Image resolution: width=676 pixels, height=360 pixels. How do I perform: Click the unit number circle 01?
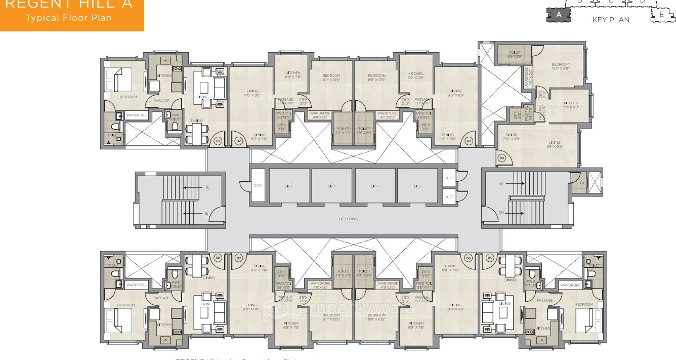(218, 141)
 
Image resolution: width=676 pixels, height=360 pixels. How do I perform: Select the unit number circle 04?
(502, 158)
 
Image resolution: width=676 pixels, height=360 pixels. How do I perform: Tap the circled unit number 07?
(238, 258)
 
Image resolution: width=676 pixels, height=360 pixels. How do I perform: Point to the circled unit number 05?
(490, 258)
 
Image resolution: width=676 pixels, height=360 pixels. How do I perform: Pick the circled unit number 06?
(469, 258)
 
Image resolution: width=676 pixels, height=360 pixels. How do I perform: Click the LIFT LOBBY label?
(349, 219)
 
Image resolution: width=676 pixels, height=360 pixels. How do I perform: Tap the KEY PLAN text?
(611, 20)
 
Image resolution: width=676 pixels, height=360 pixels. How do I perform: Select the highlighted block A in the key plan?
(559, 15)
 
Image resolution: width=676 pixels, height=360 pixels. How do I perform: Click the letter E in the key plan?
(661, 15)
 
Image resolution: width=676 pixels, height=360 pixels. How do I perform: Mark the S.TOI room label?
(580, 182)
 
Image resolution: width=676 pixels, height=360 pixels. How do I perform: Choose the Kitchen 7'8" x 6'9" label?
(570, 105)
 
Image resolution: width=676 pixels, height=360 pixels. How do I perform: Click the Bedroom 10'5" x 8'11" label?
(560, 66)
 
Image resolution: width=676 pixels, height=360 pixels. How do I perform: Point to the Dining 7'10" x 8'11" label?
(512, 136)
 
